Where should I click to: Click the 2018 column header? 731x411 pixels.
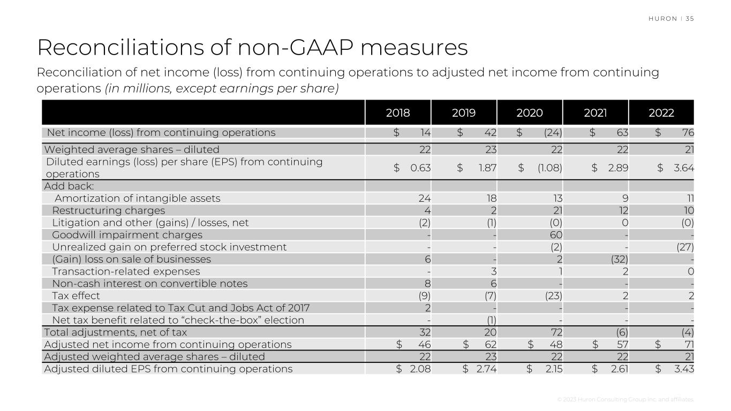pyautogui.click(x=398, y=113)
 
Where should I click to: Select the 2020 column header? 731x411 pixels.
pyautogui.click(x=530, y=113)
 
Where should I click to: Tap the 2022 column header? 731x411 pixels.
pyautogui.click(x=661, y=113)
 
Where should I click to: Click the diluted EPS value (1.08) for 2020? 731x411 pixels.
pyautogui.click(x=549, y=168)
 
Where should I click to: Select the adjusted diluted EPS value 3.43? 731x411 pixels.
pyautogui.click(x=683, y=369)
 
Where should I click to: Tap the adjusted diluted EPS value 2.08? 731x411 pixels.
pyautogui.click(x=419, y=369)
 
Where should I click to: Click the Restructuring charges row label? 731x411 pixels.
pyautogui.click(x=108, y=210)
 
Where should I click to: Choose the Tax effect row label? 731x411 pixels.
pyautogui.click(x=76, y=296)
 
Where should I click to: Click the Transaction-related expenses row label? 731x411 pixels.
pyautogui.click(x=126, y=271)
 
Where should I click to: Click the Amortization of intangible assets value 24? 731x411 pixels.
pyautogui.click(x=424, y=199)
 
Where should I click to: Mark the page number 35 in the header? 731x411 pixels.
pyautogui.click(x=689, y=19)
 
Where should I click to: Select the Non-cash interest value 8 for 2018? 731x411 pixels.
pyautogui.click(x=427, y=284)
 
